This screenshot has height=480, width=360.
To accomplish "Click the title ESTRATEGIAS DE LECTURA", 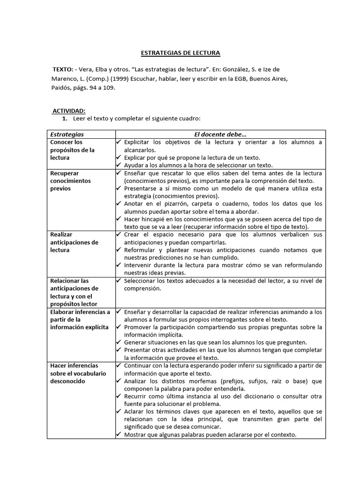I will pyautogui.click(x=180, y=53).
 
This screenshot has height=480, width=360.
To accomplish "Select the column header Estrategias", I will pyautogui.click(x=67, y=135).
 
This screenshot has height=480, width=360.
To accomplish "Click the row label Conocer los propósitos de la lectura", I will pyautogui.click(x=72, y=150).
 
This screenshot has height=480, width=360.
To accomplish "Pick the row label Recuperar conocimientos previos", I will pyautogui.click(x=70, y=180).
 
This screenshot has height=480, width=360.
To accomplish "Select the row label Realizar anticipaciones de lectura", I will pyautogui.click(x=74, y=242).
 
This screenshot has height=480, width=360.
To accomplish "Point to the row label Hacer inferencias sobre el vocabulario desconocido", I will pyautogui.click(x=78, y=373).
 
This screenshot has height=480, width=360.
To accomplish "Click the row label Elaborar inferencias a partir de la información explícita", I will pyautogui.click(x=80, y=319).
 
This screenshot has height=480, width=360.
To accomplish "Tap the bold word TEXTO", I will pyautogui.click(x=63, y=69).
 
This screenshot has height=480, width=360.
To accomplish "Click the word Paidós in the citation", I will pyautogui.click(x=62, y=87).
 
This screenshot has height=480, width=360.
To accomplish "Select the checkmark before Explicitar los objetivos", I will pyautogui.click(x=119, y=142).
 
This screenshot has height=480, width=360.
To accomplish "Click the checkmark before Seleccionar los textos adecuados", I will pyautogui.click(x=119, y=281).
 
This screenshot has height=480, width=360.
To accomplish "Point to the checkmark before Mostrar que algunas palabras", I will pyautogui.click(x=119, y=435).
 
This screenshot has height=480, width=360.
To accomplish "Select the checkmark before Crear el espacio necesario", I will pyautogui.click(x=119, y=234).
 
